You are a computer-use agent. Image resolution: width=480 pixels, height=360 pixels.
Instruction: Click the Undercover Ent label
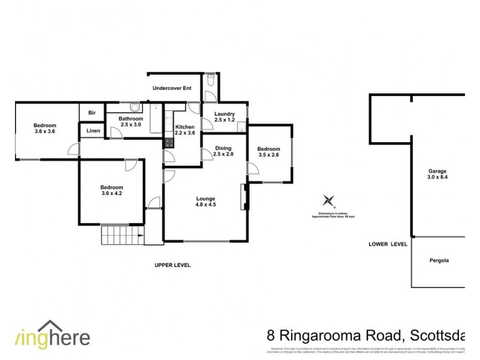[172, 88]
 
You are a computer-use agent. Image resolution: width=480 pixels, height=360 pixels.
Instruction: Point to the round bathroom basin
[136, 108]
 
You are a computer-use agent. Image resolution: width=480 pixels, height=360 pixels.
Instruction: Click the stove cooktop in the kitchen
[169, 144]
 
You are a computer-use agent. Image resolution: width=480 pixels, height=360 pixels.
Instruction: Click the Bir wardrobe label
[92, 112]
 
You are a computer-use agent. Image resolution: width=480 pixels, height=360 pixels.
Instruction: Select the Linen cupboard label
[93, 130]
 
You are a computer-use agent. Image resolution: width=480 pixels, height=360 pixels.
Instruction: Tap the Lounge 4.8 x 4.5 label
[205, 202]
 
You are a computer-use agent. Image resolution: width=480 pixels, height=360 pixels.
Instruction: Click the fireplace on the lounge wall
[243, 197]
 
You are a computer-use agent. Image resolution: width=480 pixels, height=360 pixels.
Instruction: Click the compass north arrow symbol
[328, 200]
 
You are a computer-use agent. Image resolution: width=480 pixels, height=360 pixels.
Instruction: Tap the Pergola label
[439, 260]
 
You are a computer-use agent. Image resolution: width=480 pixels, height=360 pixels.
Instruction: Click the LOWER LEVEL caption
[388, 244]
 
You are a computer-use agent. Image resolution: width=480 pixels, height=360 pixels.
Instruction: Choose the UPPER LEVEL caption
[172, 265]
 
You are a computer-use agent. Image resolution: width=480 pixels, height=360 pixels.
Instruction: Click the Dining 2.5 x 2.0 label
[223, 151]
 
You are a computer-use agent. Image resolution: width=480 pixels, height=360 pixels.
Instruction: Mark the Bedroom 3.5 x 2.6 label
[268, 152]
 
